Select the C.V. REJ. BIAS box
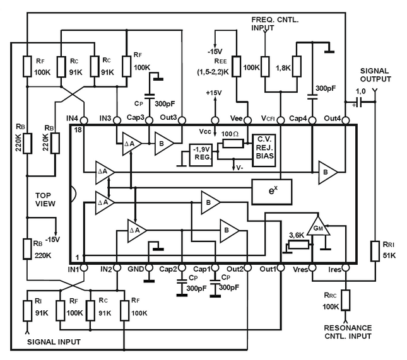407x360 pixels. [265, 149]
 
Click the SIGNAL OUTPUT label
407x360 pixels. [376, 74]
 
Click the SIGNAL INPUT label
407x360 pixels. [54, 340]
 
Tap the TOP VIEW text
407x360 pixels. [47, 200]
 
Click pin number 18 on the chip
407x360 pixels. [78, 130]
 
